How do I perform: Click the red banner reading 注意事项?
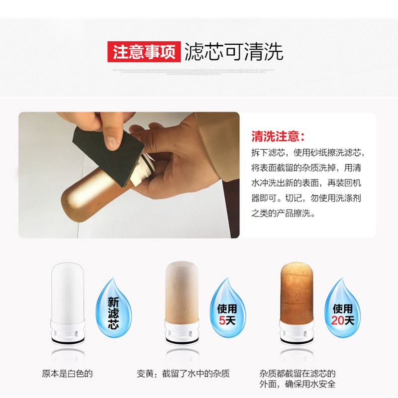click(x=144, y=52)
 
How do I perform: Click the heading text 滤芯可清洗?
click(x=234, y=52)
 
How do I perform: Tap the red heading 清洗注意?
click(x=279, y=136)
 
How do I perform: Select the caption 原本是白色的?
click(x=68, y=373)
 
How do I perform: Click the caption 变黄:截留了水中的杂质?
click(x=184, y=373)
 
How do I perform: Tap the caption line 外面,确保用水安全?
click(x=298, y=384)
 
